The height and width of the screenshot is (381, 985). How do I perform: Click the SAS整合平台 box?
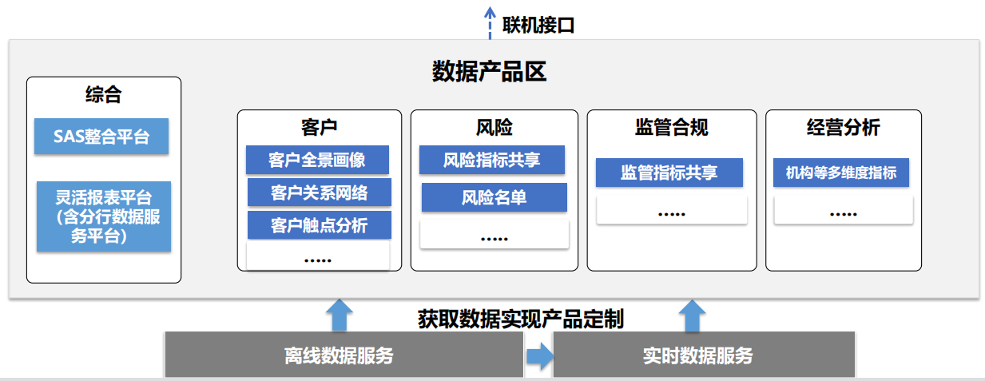[x=101, y=137]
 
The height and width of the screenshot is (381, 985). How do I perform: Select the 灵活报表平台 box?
[x=104, y=216]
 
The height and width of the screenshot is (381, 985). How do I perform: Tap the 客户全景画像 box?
[x=317, y=160]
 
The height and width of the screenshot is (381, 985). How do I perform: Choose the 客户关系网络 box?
[x=320, y=192]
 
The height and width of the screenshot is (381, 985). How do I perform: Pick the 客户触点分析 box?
[x=320, y=225]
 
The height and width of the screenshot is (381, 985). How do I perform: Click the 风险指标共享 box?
[x=491, y=160]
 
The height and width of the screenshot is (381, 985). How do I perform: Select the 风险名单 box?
[x=494, y=197]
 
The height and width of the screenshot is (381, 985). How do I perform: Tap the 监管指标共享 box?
[x=669, y=173]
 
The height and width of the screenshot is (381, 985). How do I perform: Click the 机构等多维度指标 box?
[x=840, y=173]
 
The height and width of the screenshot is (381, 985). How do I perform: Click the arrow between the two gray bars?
[x=540, y=355]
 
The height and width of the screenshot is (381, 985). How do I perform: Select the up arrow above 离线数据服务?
[x=340, y=315]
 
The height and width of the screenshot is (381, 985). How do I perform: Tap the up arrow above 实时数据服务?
[x=692, y=316]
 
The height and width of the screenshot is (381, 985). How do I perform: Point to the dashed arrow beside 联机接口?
[x=490, y=23]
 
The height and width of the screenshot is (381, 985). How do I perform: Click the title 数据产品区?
[x=489, y=71]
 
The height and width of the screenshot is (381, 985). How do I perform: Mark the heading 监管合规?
[x=672, y=128]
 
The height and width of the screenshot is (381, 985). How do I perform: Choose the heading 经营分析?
[x=844, y=128]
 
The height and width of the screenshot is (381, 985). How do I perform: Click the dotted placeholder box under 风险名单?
[x=494, y=234]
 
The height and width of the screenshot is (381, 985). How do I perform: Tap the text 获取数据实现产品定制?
[x=521, y=319]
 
